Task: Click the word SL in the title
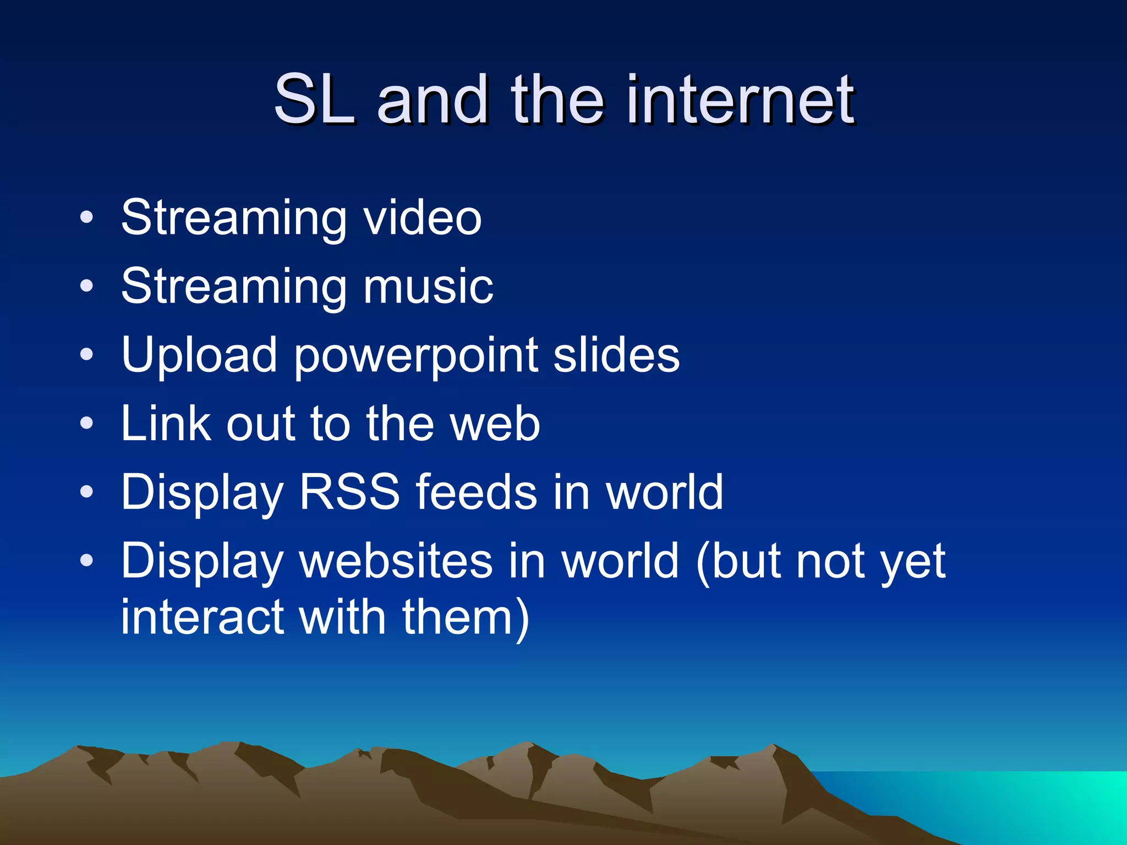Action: [314, 100]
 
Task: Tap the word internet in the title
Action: [740, 100]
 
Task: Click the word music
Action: [428, 287]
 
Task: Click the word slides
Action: [616, 355]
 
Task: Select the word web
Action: [495, 424]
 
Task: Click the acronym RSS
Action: [349, 492]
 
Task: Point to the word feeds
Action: [476, 492]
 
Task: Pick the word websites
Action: [396, 561]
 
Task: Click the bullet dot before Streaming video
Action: [86, 218]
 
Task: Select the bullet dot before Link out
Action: [86, 424]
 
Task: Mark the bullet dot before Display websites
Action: [86, 561]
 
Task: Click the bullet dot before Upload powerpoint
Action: [86, 355]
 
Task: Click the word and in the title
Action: [433, 100]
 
